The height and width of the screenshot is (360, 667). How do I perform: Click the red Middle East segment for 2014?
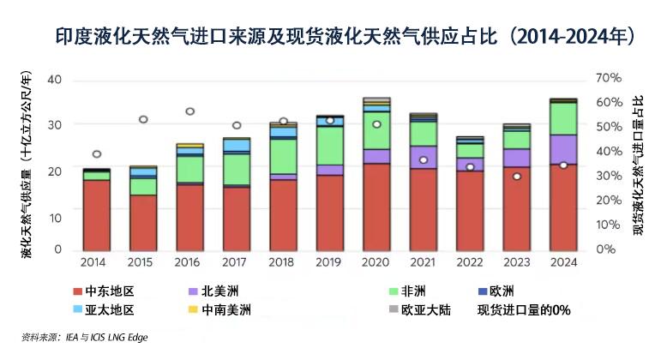coord(97,214)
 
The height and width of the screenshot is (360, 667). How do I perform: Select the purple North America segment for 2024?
coord(562,149)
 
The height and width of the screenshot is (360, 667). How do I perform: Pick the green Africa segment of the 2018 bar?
coord(284,156)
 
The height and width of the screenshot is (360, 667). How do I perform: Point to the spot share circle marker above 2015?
coord(143,119)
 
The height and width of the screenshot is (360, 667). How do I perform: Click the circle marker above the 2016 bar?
coord(190,111)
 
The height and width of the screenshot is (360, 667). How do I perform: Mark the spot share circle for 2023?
coord(516,177)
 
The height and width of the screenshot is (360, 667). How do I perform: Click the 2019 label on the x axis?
coord(330,261)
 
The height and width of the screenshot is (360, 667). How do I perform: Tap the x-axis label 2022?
coord(470,261)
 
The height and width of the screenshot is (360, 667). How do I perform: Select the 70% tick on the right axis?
coord(607,78)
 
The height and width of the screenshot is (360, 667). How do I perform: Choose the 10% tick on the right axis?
coord(607,225)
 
